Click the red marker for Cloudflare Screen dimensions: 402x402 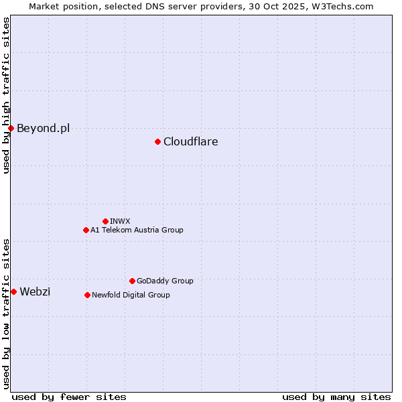pos(157,141)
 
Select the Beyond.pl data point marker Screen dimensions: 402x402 pos(11,128)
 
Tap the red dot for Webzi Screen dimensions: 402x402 pos(13,291)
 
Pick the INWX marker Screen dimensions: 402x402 pos(105,221)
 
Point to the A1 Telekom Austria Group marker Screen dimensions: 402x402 pos(86,230)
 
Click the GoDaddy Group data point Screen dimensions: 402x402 pos(132,281)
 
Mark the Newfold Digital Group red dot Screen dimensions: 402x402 pos(87,295)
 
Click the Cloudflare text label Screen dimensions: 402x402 pos(190,141)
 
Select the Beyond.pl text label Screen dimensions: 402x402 pos(43,128)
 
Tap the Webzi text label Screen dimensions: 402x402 pos(35,291)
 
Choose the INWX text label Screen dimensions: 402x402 pos(120,221)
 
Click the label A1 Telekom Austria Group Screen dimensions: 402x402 pos(137,230)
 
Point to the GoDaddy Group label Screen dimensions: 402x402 pos(165,281)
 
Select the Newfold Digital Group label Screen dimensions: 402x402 pos(131,295)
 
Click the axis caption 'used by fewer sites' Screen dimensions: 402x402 pos(69,397)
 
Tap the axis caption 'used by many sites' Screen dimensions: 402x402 pos(336,397)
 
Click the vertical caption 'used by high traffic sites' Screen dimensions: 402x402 pos(6,95)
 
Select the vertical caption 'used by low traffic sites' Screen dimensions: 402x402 pos(6,313)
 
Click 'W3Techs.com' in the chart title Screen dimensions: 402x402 pos(344,6)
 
